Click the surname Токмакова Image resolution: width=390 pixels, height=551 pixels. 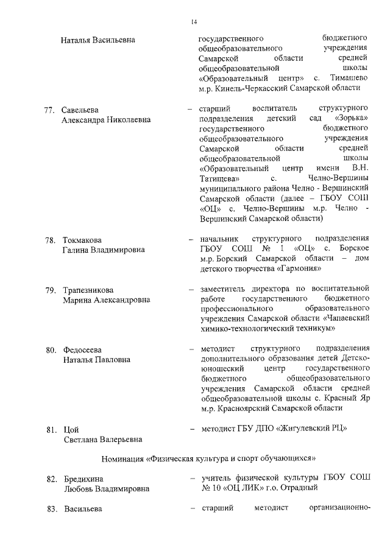click(x=82, y=239)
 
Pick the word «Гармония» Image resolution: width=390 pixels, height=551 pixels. click(x=295, y=268)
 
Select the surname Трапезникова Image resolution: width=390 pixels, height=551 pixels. click(x=88, y=289)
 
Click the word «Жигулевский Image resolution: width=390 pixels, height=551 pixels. click(x=303, y=429)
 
